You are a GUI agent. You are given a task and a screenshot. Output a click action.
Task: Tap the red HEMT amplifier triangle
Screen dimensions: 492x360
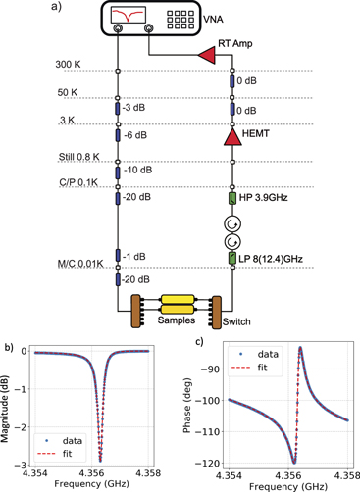pos(232,141)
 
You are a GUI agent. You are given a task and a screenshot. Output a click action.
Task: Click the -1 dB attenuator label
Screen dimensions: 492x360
pos(137,256)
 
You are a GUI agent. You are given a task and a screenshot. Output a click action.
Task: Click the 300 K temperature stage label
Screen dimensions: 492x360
pos(70,65)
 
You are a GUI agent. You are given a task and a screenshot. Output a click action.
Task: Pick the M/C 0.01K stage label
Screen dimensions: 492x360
pos(80,264)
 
